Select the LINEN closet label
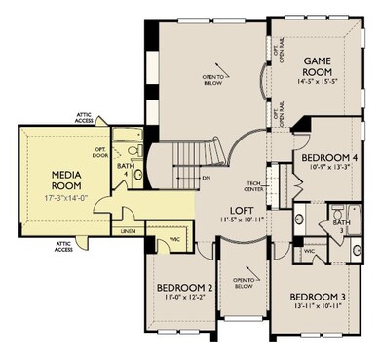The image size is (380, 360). pyautogui.click(x=129, y=231)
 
